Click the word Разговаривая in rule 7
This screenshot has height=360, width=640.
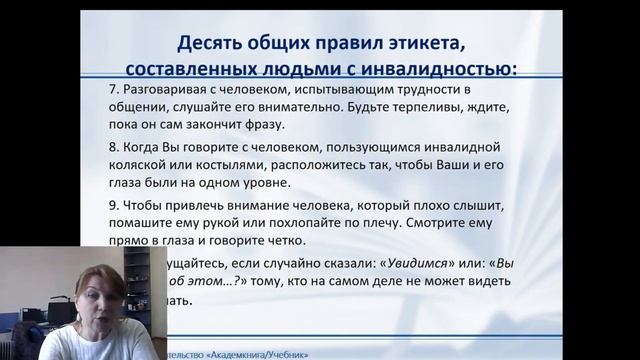point(168,89)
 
